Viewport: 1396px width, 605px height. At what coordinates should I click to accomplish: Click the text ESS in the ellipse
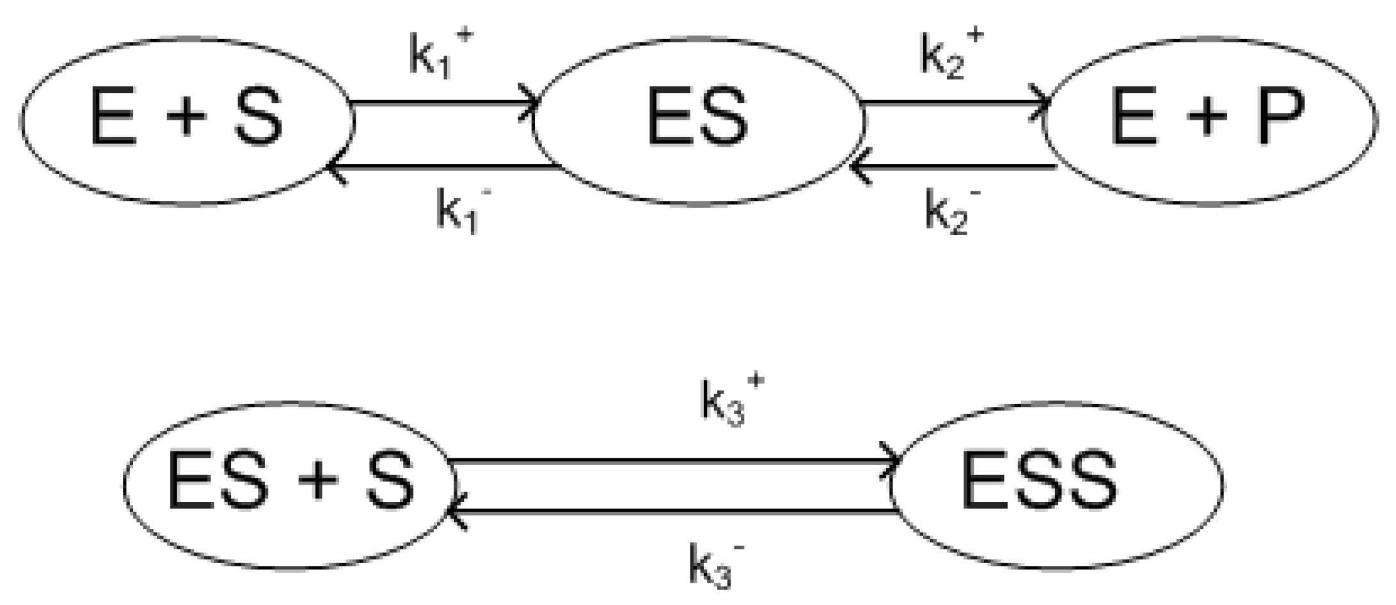coord(1039,480)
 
